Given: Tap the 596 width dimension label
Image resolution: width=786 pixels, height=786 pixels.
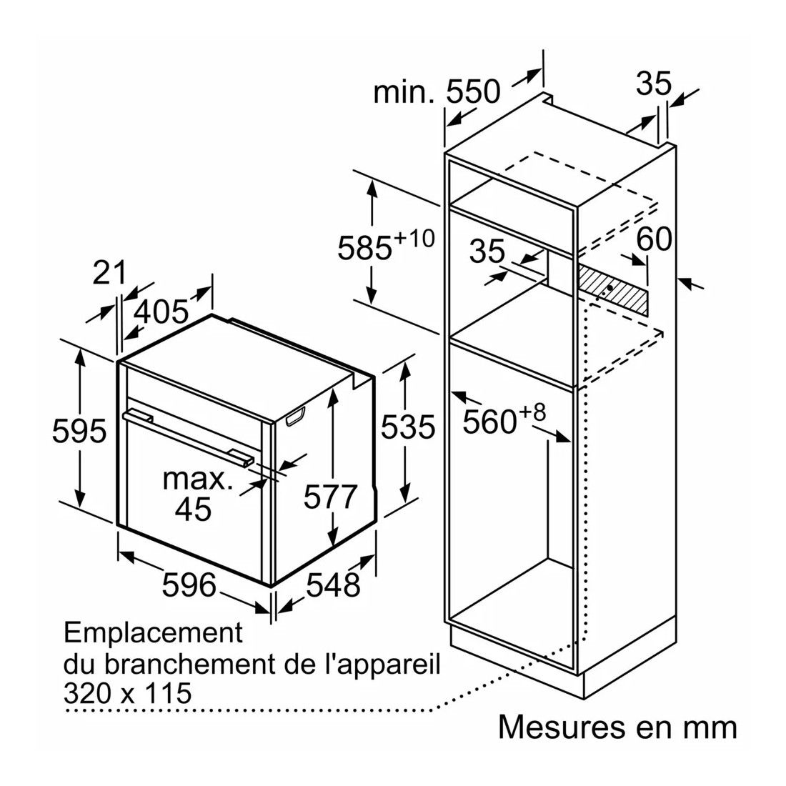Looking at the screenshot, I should click(x=189, y=584).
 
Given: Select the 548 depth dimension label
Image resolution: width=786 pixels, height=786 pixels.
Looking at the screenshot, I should click(x=334, y=585).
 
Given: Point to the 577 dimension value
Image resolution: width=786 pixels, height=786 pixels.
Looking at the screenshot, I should click(x=329, y=497).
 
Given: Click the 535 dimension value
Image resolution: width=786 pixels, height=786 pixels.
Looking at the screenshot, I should click(x=407, y=427).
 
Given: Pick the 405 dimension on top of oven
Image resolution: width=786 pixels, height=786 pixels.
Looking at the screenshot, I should click(x=162, y=311).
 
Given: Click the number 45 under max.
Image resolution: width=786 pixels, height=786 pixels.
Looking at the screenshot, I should click(x=193, y=509).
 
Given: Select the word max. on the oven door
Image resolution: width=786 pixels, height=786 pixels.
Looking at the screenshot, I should click(x=198, y=478).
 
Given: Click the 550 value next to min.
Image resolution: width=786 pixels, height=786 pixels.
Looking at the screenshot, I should click(x=473, y=91).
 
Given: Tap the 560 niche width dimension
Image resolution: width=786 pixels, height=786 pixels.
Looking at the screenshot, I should click(x=489, y=421).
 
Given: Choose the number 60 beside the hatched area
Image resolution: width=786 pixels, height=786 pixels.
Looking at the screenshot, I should click(x=654, y=239).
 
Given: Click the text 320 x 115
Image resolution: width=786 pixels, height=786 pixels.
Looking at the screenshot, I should click(x=128, y=692).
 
